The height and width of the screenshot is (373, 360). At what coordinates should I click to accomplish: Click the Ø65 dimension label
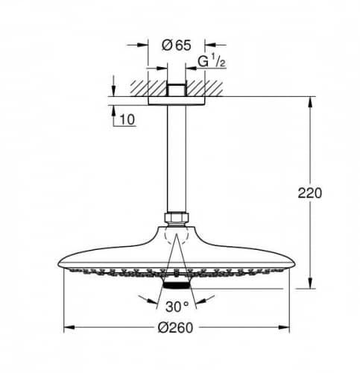tap(177, 46)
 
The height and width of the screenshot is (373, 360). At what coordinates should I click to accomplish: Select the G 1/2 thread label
tap(212, 61)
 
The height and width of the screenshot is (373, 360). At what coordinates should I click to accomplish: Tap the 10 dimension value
tap(127, 119)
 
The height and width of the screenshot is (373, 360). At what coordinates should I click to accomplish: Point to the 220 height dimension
tap(309, 193)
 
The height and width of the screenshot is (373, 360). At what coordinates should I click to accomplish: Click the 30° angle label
tap(177, 307)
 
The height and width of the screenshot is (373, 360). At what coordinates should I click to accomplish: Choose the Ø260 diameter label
tap(175, 327)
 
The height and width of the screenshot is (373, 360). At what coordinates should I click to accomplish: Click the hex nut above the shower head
tap(177, 217)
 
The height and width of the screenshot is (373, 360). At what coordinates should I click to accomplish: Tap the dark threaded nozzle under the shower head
tap(177, 285)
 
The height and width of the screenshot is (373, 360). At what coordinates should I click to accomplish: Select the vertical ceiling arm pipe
tap(177, 159)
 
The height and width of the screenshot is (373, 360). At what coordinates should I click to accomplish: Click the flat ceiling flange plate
tap(177, 101)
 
